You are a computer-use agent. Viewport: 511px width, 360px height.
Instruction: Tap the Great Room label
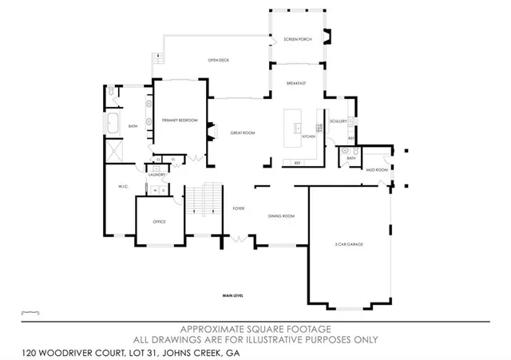pyautogui.click(x=242, y=133)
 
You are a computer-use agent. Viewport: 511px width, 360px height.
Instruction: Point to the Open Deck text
pyautogui.click(x=218, y=60)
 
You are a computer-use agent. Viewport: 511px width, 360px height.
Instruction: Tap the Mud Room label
pyautogui.click(x=377, y=170)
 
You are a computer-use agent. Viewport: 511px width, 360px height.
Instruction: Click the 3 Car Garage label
pyautogui.click(x=349, y=243)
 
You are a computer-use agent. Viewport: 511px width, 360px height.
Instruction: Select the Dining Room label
pyautogui.click(x=281, y=216)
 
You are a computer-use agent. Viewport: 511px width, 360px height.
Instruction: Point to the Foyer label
pyautogui.click(x=238, y=208)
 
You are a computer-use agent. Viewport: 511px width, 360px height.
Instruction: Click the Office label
pyautogui.click(x=159, y=221)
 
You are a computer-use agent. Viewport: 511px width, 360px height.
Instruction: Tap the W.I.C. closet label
pyautogui.click(x=113, y=187)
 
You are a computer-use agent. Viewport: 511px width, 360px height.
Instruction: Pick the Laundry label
pyautogui.click(x=155, y=174)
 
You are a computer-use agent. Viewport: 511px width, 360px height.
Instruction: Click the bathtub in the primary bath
pyautogui.click(x=112, y=125)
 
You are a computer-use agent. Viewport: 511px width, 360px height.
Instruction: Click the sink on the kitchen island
pyautogui.click(x=296, y=128)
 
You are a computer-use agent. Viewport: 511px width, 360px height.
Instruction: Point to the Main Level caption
pyautogui.click(x=233, y=296)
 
